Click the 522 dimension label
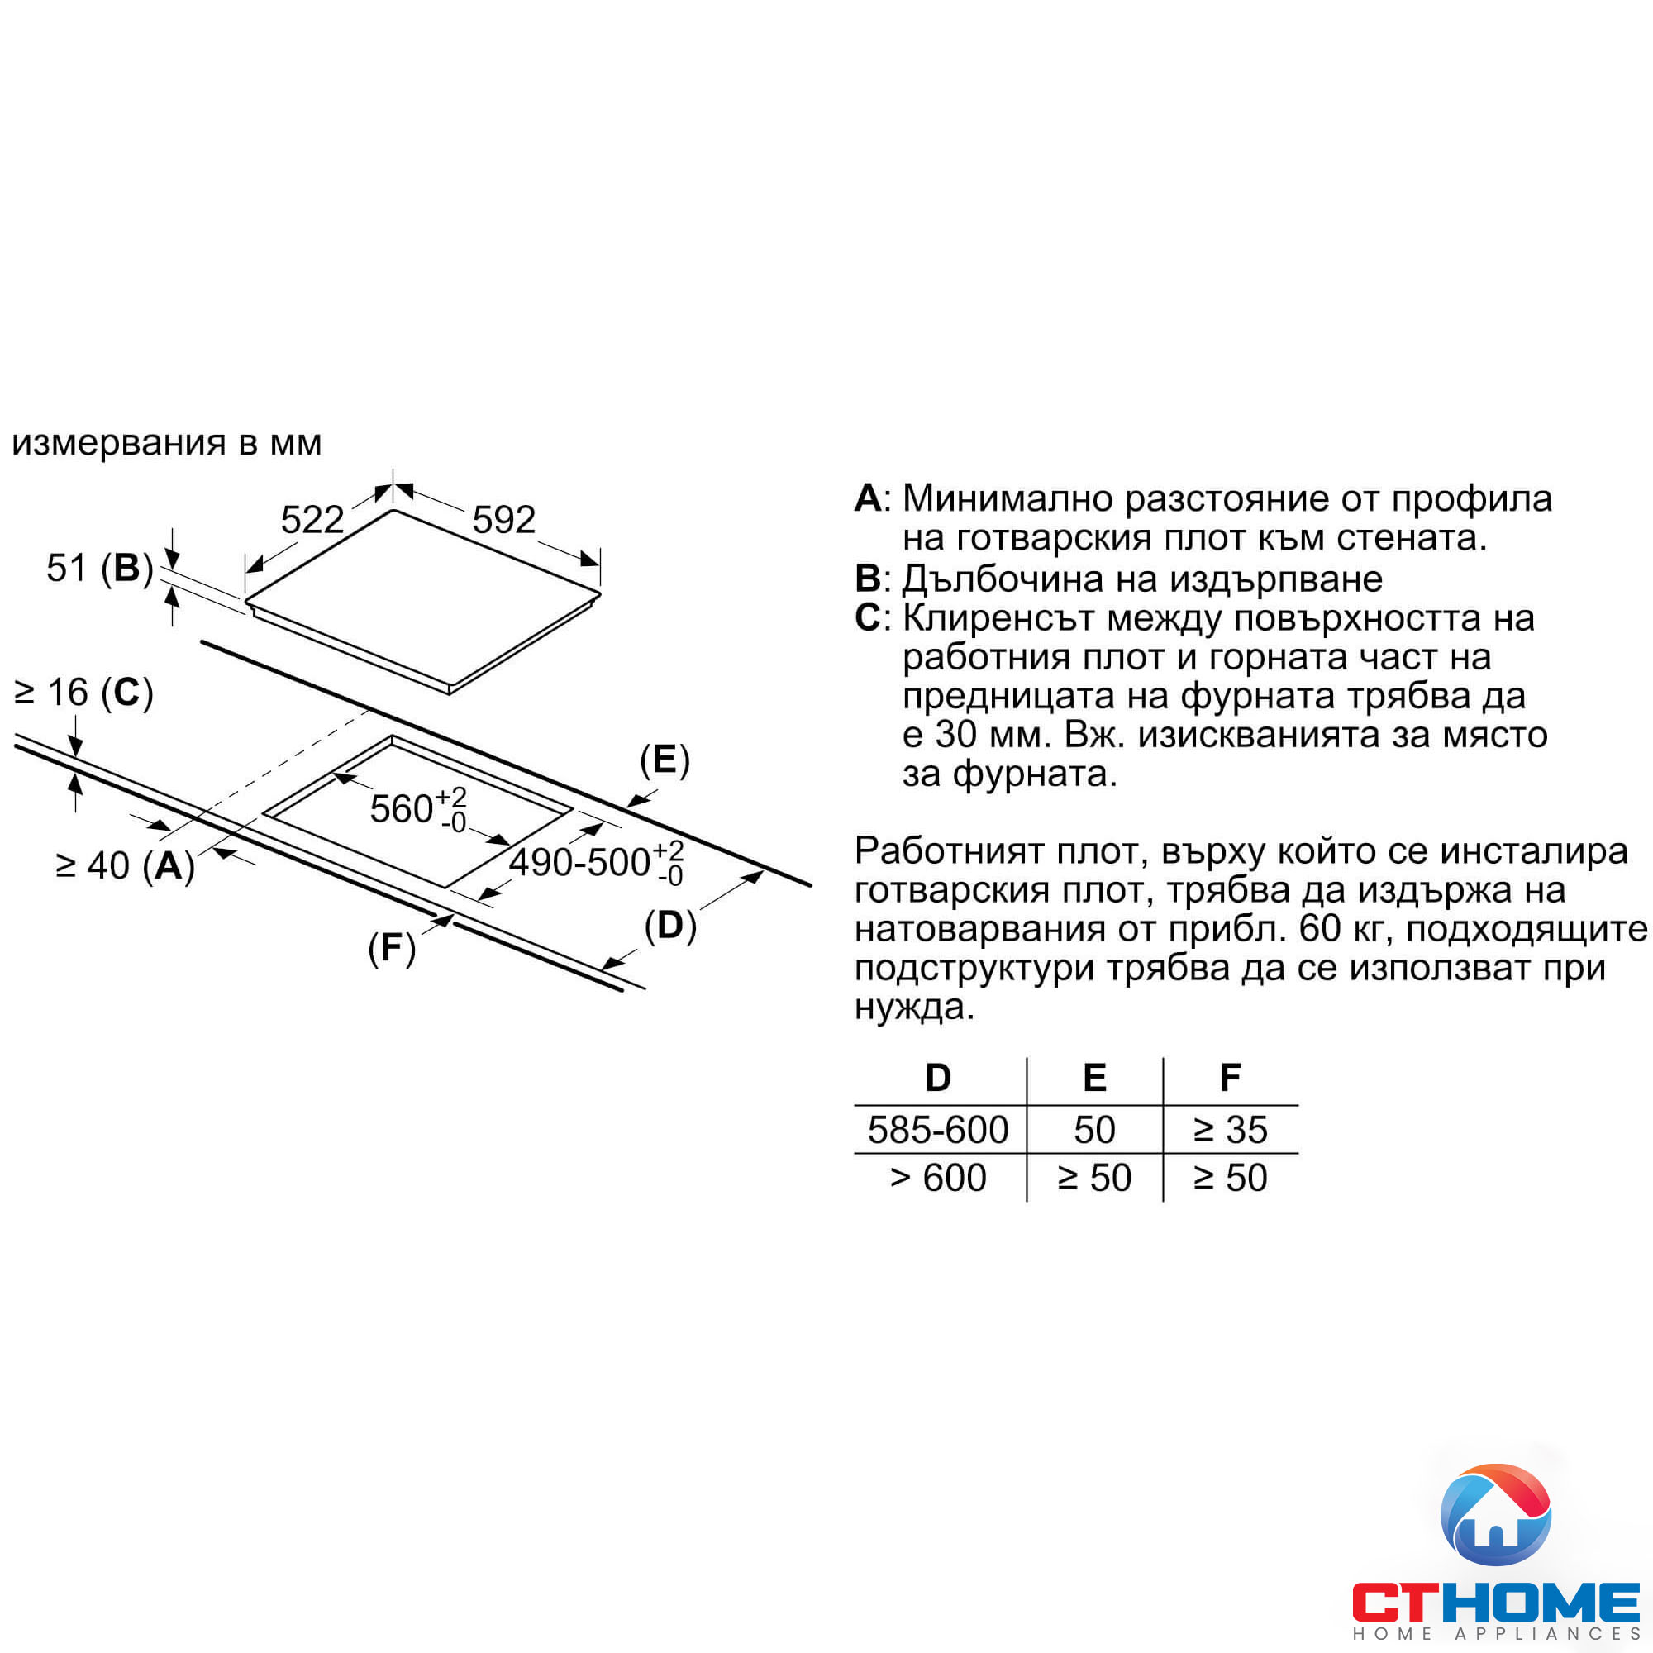coord(312,519)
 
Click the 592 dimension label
coord(504,519)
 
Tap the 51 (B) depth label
coord(99,568)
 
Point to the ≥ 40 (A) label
coord(125,866)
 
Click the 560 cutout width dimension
coord(417,808)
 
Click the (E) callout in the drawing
coord(665,760)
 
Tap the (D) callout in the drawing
coord(670,926)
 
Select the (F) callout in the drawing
coord(392,948)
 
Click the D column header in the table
coord(939,1078)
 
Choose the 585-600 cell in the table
coord(938,1130)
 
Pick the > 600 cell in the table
coord(938,1178)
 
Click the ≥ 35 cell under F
coord(1231,1130)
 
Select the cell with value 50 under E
coord(1094,1130)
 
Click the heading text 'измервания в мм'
coord(167,443)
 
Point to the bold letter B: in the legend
coord(872,579)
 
